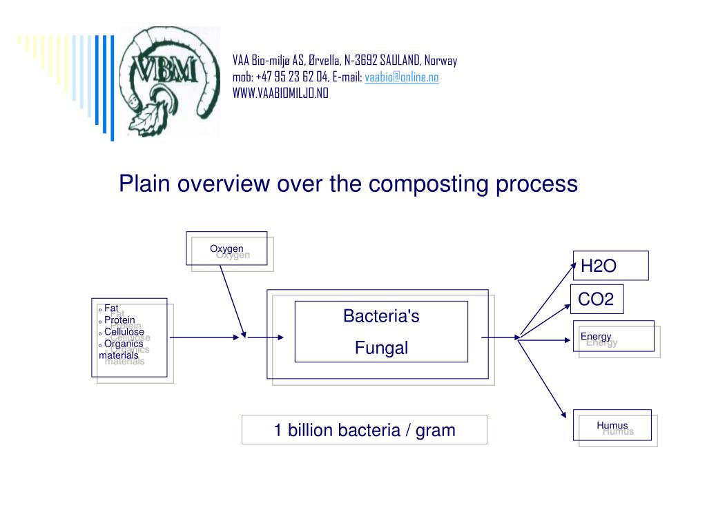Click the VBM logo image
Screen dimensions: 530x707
click(170, 81)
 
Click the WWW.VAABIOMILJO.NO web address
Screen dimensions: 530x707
click(280, 94)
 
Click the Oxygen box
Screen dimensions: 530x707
click(226, 248)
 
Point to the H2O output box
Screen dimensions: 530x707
click(610, 266)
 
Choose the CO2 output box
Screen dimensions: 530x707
click(597, 299)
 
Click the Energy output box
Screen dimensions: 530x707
click(613, 336)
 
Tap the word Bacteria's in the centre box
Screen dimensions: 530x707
click(381, 317)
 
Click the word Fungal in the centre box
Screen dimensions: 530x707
click(381, 348)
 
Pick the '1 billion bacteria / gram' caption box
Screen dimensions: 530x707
click(364, 430)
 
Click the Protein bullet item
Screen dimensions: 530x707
click(119, 320)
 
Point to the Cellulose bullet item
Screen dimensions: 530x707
click(124, 332)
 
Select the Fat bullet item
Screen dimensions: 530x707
click(112, 308)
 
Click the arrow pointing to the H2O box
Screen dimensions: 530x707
click(548, 298)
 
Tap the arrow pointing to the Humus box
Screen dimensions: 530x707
click(547, 377)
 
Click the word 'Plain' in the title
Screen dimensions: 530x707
click(144, 184)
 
